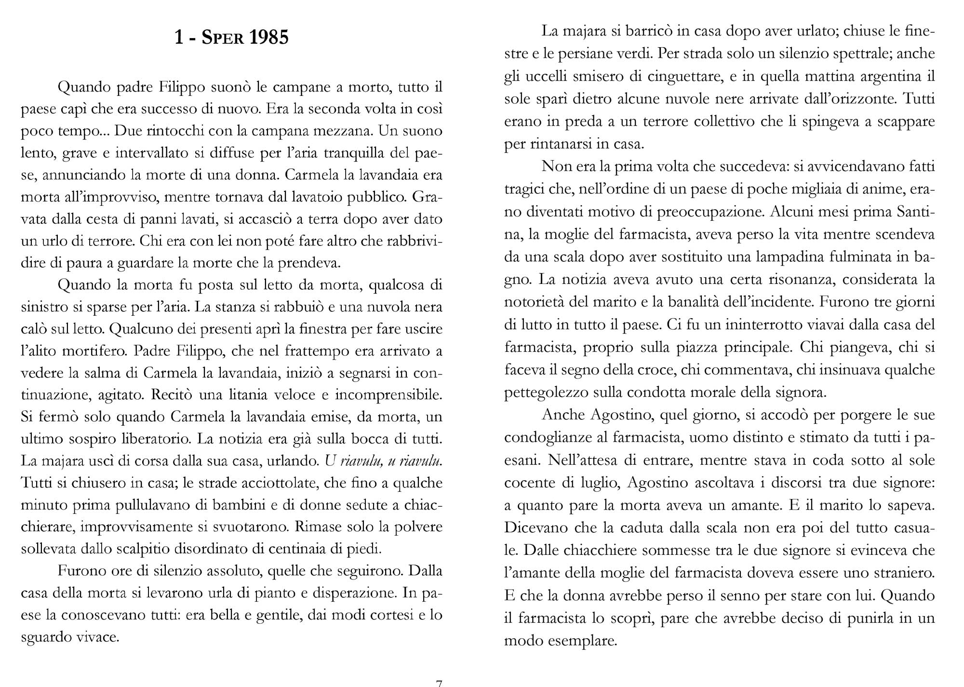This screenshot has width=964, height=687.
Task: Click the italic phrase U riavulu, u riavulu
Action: (x=384, y=461)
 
